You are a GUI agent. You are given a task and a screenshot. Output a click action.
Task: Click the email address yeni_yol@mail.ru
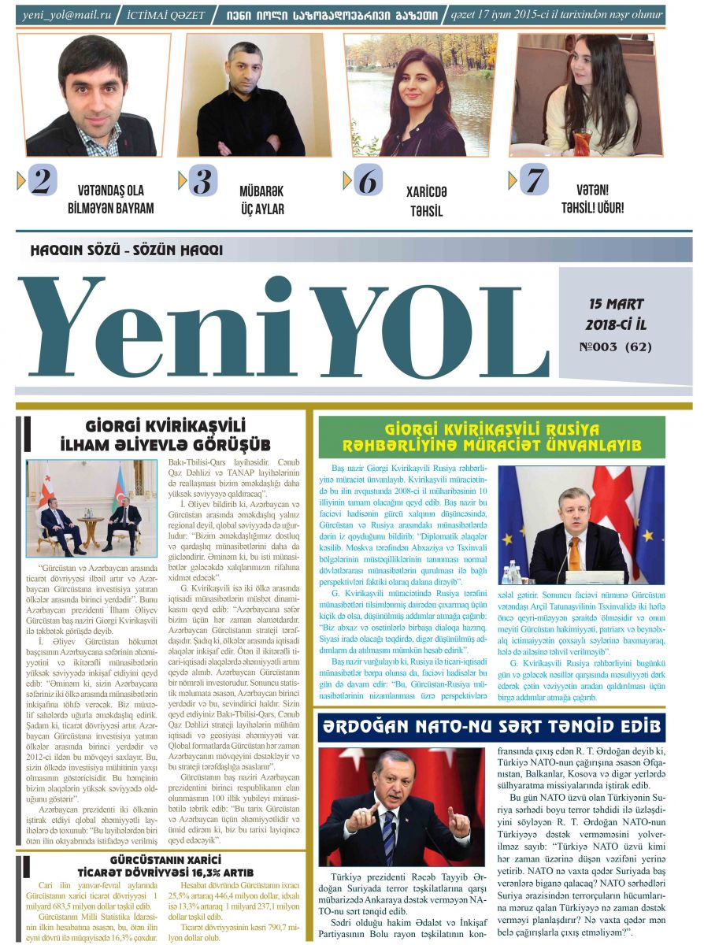(67, 14)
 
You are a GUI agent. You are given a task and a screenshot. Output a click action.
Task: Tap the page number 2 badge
(42, 181)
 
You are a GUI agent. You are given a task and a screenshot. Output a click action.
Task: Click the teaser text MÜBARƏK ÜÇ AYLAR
(261, 200)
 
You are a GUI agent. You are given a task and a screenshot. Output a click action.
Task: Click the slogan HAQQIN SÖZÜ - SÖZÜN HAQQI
(126, 250)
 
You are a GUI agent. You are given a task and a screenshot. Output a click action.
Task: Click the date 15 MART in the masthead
(616, 303)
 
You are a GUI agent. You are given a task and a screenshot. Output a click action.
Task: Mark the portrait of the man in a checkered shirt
(93, 94)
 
